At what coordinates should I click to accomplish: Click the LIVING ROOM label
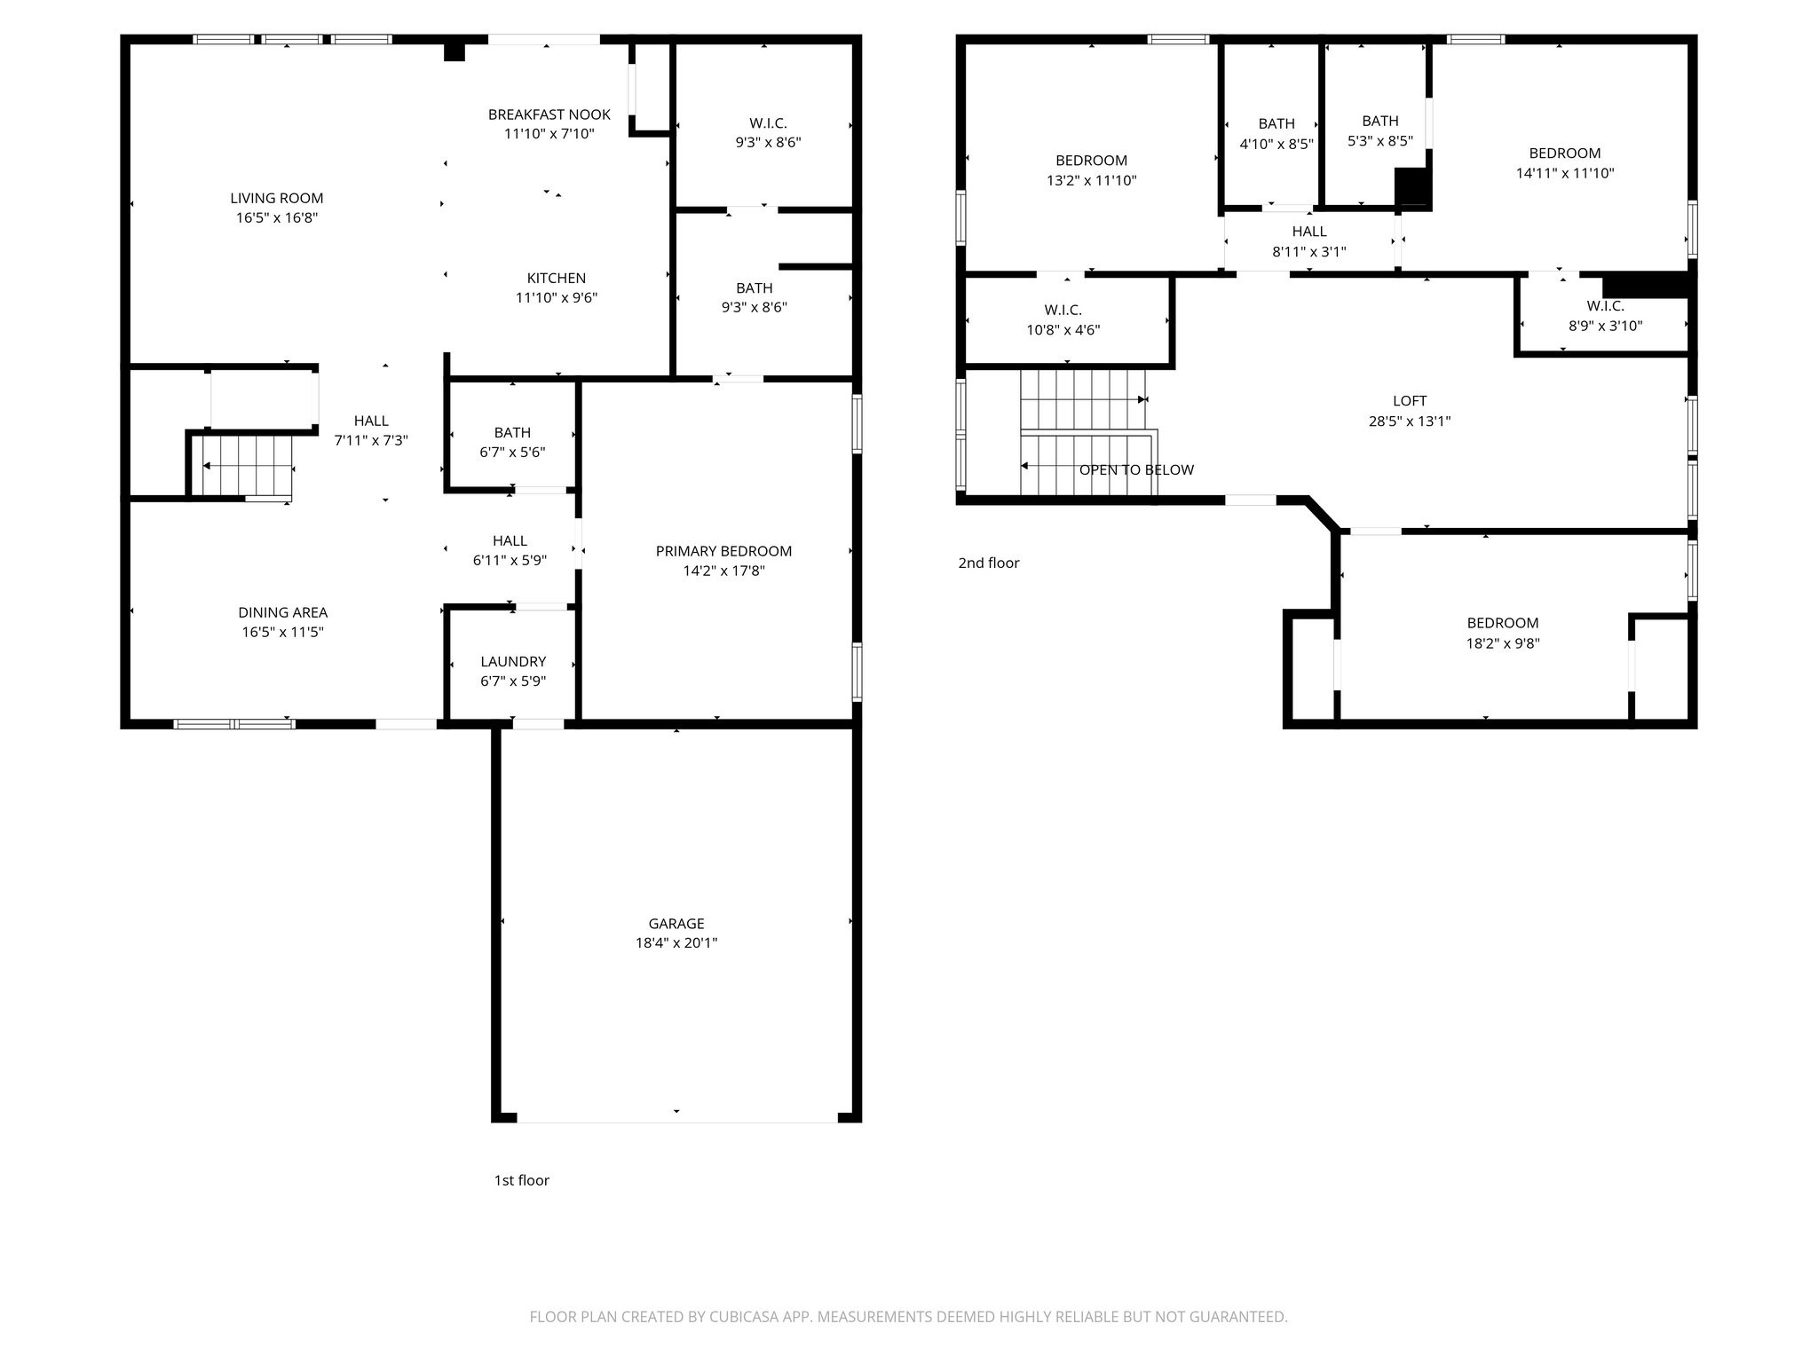(277, 198)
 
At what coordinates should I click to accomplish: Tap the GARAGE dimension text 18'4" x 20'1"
(676, 943)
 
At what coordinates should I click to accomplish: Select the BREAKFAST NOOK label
(549, 114)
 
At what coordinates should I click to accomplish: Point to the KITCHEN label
(557, 278)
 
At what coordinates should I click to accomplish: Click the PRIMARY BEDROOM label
(723, 551)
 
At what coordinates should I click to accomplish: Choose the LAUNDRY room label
(513, 661)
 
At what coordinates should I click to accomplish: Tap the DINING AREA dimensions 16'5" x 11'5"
(282, 633)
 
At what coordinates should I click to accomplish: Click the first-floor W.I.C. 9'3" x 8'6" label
(768, 132)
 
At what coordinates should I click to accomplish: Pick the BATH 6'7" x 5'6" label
(512, 442)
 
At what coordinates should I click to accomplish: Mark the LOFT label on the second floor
(1410, 401)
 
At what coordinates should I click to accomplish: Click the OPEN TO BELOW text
(1136, 470)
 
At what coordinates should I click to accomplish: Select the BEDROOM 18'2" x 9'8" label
(1502, 633)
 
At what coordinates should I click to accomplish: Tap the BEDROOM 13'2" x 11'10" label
(1091, 170)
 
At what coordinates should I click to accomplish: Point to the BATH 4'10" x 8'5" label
(1277, 133)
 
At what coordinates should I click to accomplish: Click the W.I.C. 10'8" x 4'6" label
(1063, 319)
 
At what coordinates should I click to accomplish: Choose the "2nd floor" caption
(989, 563)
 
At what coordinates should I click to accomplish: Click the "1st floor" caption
(521, 1180)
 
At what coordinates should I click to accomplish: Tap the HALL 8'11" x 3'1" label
(1309, 241)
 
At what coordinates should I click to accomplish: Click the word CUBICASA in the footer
(745, 1317)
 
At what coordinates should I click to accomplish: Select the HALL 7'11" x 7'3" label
(371, 430)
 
